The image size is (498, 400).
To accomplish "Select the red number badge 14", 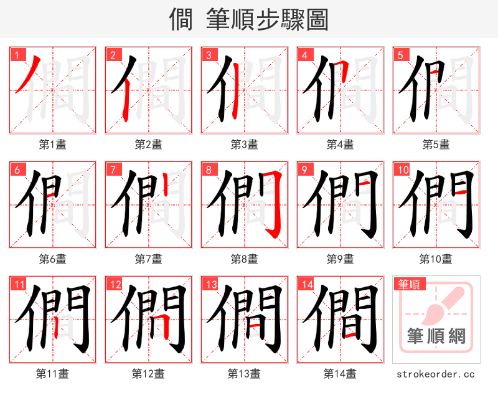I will pos(305,285).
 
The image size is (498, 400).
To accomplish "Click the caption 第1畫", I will pos(53,145).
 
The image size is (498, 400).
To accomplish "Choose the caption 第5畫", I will pos(436,145).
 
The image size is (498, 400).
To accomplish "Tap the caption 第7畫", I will pos(149,259).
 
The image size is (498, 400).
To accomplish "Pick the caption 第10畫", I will pos(436,259).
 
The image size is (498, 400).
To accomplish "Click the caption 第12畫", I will pos(148,374).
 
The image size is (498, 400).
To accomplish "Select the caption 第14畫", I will pos(340,374).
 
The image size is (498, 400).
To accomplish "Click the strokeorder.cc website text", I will pos(436,374).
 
